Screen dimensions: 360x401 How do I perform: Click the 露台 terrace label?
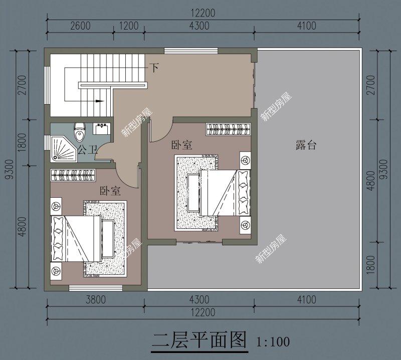coord(305,146)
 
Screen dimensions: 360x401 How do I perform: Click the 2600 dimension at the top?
coord(80,26)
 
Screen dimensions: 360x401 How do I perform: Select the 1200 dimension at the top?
coord(129,26)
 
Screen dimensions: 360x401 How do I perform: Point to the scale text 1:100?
coord(273,343)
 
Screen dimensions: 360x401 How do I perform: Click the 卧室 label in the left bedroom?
coord(110,191)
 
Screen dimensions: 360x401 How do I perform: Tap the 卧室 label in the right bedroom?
coord(181,145)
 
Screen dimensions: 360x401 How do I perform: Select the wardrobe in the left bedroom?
coord(75,175)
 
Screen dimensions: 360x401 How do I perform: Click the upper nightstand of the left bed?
coord(55,205)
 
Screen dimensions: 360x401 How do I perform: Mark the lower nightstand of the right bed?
coord(245,225)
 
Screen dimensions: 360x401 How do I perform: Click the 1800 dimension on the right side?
coord(370,265)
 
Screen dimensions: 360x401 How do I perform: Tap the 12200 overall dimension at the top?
coord(203,14)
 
